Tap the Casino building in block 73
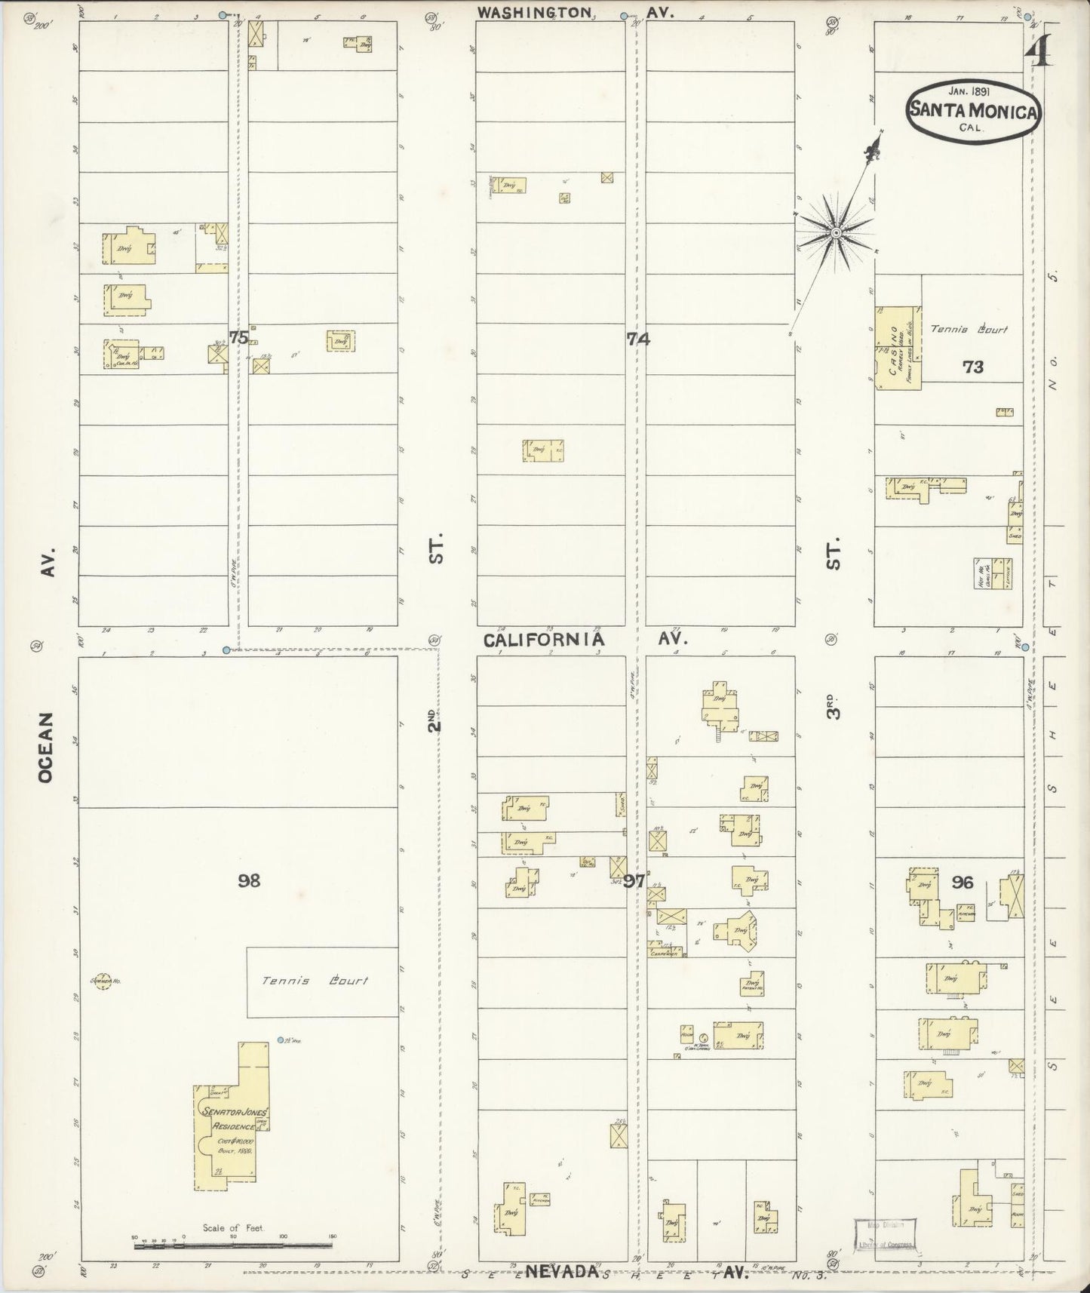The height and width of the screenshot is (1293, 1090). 898,348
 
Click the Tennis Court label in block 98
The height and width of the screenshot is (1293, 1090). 315,981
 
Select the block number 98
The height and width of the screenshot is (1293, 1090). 249,880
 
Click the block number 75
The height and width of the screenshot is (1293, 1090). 238,338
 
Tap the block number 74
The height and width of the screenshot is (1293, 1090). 638,339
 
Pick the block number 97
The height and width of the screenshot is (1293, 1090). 634,880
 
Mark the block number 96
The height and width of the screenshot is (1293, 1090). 963,882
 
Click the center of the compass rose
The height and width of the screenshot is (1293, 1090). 836,233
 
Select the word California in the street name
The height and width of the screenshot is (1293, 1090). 543,640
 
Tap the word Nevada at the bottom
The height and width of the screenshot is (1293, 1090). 562,1271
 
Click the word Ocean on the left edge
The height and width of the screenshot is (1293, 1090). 46,746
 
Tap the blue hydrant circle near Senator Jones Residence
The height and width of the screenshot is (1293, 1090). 280,1040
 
